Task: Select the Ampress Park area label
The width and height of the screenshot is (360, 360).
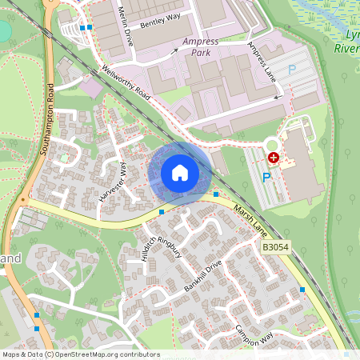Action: tap(201, 46)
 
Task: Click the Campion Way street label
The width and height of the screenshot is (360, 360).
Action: tap(255, 334)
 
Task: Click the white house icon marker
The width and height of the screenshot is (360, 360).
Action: tap(180, 173)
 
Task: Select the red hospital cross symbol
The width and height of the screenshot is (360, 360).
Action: tap(274, 158)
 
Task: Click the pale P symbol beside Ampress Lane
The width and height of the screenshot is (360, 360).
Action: tap(292, 70)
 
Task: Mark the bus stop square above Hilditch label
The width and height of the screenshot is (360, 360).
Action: tap(162, 212)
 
